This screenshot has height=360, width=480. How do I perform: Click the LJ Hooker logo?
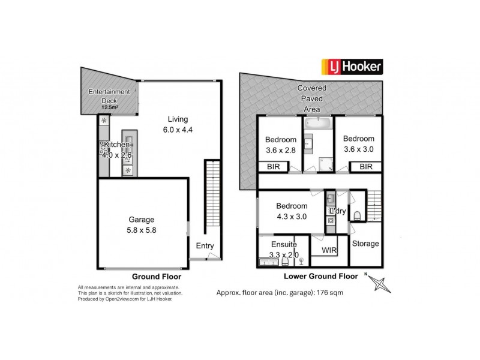(353, 66)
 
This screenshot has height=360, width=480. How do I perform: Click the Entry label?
(205, 245)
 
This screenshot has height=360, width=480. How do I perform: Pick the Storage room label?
(365, 244)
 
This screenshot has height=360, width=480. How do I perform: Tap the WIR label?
(329, 249)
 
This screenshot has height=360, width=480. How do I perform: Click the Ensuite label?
(284, 245)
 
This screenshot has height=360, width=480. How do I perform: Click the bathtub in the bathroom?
(317, 124)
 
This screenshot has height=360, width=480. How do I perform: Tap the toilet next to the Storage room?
(358, 215)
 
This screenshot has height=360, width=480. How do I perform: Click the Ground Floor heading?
(157, 277)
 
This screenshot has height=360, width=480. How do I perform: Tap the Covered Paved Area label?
(312, 99)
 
